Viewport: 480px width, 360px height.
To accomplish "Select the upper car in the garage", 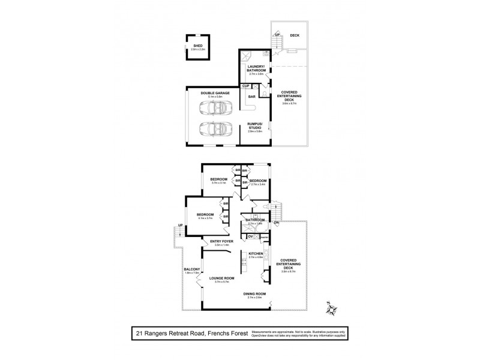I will [x=212, y=109].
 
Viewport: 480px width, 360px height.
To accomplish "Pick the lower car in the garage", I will [x=212, y=129].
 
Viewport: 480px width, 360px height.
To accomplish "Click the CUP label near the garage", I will [x=245, y=87].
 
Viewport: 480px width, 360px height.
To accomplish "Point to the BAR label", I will [x=252, y=96].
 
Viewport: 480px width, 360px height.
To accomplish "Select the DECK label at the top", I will [x=294, y=35].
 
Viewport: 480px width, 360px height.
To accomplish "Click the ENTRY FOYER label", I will [x=221, y=242].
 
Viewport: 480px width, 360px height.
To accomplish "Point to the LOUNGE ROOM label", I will [x=221, y=278].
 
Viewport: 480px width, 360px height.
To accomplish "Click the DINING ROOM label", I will [x=256, y=293].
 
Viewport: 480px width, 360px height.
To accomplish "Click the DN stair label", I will [x=277, y=223].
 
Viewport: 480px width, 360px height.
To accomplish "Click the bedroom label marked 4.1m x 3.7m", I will [x=205, y=215].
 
